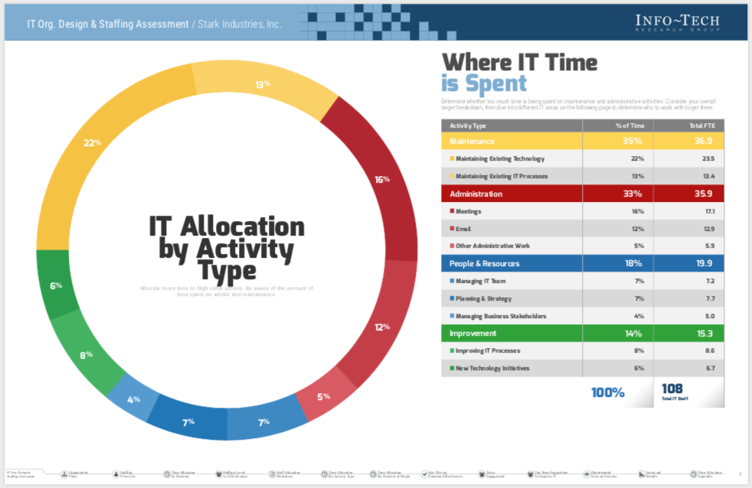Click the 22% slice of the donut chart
pyautogui.click(x=92, y=144)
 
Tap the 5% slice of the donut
pyautogui.click(x=325, y=396)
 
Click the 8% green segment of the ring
pyautogui.click(x=87, y=354)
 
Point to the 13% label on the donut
pyautogui.click(x=263, y=84)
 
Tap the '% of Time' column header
pyautogui.click(x=631, y=125)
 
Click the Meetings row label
pyautogui.click(x=468, y=211)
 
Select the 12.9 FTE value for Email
pyautogui.click(x=708, y=229)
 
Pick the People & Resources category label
pyautogui.click(x=484, y=264)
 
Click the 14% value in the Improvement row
pyautogui.click(x=632, y=333)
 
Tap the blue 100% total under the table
pyautogui.click(x=607, y=393)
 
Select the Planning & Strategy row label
pyautogui.click(x=483, y=299)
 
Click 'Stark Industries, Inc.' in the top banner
pyautogui.click(x=240, y=24)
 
